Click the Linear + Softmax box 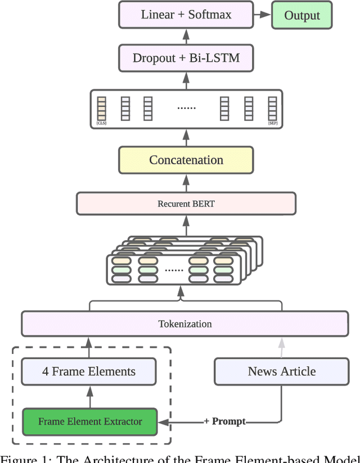point(186,15)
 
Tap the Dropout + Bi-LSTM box point(186,57)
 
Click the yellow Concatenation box point(186,160)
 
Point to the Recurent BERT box point(186,204)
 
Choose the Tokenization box point(184,324)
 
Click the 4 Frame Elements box point(89,371)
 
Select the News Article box point(281,371)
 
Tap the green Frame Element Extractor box point(89,421)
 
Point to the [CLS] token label point(101,123)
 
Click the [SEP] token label point(272,123)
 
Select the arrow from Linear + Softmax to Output point(262,15)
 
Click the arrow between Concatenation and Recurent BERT point(186,183)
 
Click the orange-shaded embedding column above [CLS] point(101,107)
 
